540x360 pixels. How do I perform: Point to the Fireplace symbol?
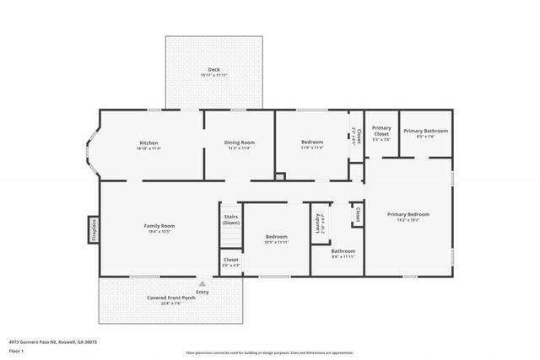coord(94,229)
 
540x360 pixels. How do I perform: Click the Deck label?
coord(214,72)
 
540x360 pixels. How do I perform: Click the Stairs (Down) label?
coord(230,220)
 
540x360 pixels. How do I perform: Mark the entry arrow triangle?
coord(202,284)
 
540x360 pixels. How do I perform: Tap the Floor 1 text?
coord(16,351)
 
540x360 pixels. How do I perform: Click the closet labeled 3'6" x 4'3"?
coord(230,262)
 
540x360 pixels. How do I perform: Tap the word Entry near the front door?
coord(202,293)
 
